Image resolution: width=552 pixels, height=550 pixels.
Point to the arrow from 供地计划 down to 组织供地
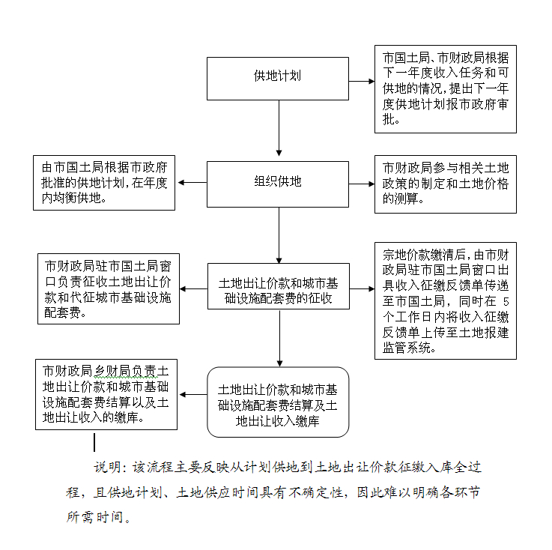279,128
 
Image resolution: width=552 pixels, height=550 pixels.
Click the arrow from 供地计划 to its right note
362,82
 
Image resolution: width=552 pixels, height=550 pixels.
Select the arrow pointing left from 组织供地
192,182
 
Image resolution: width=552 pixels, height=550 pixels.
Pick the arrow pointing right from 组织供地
362,184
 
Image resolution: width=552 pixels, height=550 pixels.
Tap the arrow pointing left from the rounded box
193,395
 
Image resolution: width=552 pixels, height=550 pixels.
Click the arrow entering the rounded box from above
279,339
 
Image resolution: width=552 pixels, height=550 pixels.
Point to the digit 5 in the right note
506,302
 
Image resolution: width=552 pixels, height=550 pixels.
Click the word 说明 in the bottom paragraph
107,468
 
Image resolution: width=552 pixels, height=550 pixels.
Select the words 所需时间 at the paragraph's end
94,517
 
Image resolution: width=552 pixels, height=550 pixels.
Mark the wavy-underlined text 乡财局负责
125,372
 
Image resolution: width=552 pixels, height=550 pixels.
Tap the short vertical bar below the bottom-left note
94,443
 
